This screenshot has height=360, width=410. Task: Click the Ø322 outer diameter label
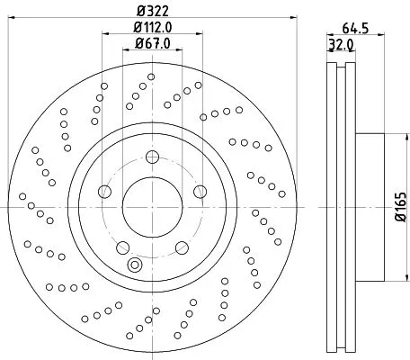click(x=151, y=10)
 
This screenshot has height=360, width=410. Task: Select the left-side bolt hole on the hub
click(x=104, y=192)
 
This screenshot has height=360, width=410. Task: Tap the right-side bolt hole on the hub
click(x=199, y=192)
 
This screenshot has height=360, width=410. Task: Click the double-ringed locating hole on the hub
click(x=136, y=265)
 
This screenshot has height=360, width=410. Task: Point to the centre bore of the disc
click(x=152, y=206)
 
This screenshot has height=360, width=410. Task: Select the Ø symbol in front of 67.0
click(x=137, y=43)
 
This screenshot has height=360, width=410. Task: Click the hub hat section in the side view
click(x=370, y=206)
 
